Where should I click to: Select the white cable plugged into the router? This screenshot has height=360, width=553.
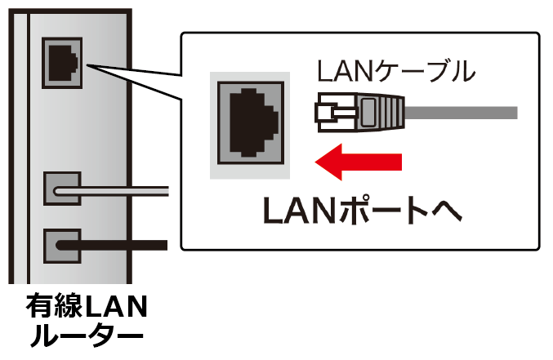pyautogui.click(x=123, y=192)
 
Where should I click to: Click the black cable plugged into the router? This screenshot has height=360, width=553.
pyautogui.click(x=123, y=244)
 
